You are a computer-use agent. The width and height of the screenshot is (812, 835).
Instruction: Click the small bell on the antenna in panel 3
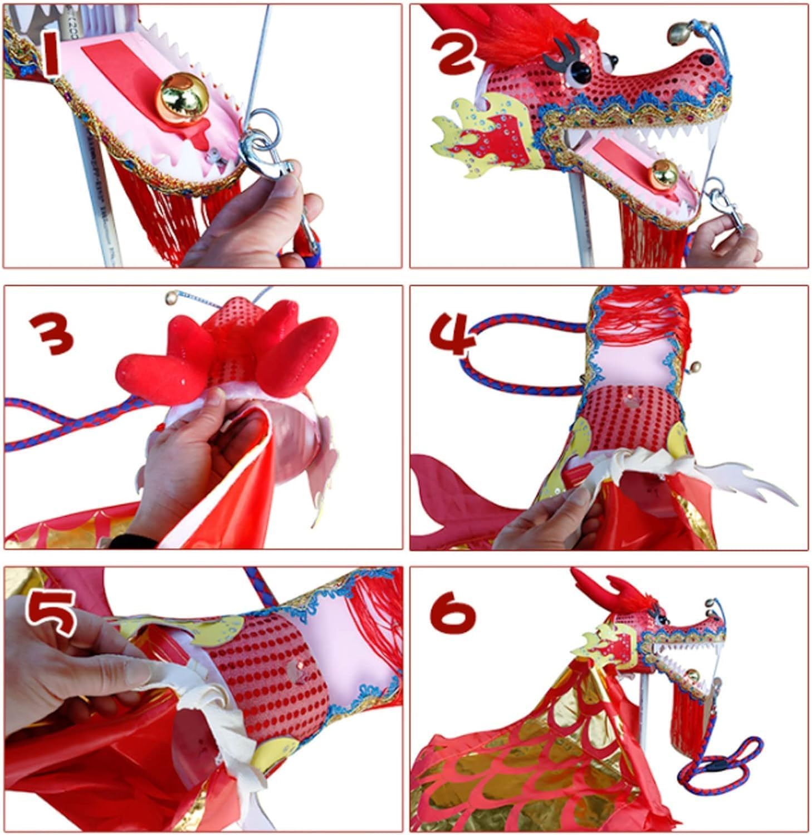170,299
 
